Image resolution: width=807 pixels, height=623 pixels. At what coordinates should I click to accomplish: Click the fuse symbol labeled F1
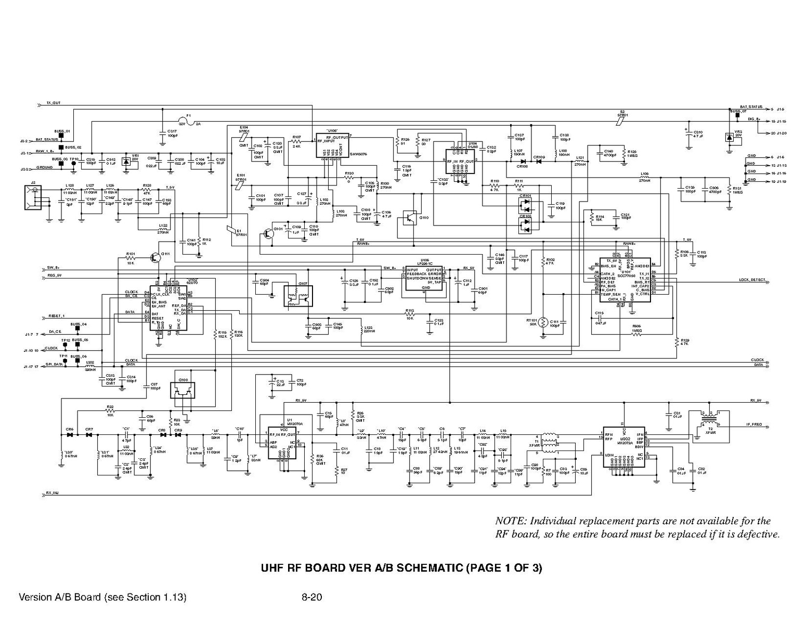coord(189,120)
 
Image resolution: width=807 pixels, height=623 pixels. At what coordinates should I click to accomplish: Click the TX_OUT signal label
coord(54,103)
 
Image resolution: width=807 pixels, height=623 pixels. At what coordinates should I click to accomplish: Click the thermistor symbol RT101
coord(543,323)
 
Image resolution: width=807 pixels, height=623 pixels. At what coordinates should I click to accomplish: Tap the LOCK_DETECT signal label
coord(752,280)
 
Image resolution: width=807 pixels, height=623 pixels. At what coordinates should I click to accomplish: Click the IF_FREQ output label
coord(754,425)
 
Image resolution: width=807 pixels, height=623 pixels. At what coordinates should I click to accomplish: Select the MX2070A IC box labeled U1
coord(281,442)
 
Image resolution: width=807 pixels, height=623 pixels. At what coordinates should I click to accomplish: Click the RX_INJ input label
coord(53,493)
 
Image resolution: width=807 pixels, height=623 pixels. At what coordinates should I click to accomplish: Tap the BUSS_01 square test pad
coord(61,137)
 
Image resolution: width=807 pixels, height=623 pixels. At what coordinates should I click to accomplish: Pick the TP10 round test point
coord(73,163)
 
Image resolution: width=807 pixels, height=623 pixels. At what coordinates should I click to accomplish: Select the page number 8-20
coord(311,597)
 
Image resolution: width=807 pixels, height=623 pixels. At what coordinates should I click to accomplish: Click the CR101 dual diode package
coord(527,206)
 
